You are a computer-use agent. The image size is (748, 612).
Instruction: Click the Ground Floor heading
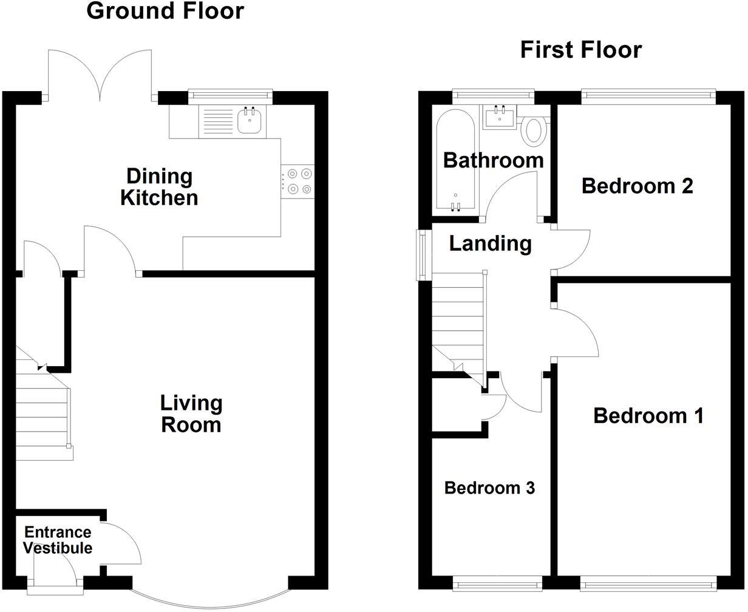pyautogui.click(x=165, y=11)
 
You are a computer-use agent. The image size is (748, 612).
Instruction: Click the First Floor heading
pyautogui.click(x=580, y=50)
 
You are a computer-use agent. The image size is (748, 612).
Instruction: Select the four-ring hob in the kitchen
pyautogui.click(x=298, y=181)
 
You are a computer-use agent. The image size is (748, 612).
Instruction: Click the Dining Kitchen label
pyautogui.click(x=159, y=187)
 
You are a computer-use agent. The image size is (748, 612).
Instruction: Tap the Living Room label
pyautogui.click(x=191, y=413)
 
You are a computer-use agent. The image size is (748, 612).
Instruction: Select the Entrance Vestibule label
pyautogui.click(x=58, y=540)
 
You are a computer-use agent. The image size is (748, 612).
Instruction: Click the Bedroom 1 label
pyautogui.click(x=648, y=416)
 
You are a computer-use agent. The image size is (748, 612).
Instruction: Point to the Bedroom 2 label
pyautogui.click(x=637, y=186)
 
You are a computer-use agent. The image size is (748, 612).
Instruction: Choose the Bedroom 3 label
pyautogui.click(x=489, y=488)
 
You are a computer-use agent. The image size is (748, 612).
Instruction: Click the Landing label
pyautogui.click(x=490, y=243)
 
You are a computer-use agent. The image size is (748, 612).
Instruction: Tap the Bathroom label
pyautogui.click(x=493, y=160)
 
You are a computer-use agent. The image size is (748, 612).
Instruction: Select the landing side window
pyautogui.click(x=421, y=255)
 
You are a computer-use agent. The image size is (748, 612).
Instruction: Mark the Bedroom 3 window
pyautogui.click(x=497, y=585)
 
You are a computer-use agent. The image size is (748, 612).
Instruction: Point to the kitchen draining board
pyautogui.click(x=216, y=121)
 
